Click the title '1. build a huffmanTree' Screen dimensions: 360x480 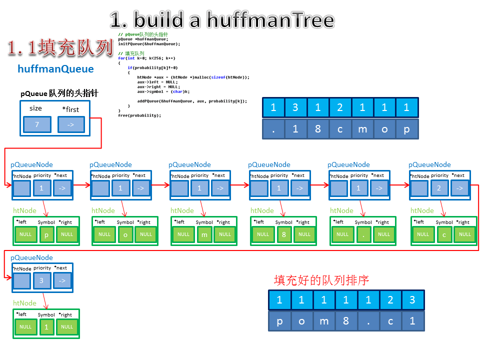click(x=221, y=20)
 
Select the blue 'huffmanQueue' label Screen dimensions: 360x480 click(x=55, y=69)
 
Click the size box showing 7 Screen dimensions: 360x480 click(x=37, y=124)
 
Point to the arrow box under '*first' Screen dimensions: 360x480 click(x=70, y=124)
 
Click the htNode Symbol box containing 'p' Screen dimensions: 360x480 click(x=46, y=234)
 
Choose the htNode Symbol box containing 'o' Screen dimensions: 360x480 click(x=125, y=234)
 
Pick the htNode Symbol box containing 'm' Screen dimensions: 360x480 click(x=204, y=234)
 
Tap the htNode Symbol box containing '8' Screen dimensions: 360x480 click(x=283, y=234)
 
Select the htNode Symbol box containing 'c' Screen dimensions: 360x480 click(x=444, y=234)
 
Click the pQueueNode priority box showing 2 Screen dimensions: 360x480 click(x=439, y=188)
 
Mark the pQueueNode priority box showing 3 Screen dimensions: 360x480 click(x=41, y=281)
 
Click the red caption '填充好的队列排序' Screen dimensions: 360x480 click(x=321, y=280)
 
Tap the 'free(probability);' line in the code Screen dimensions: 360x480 click(x=139, y=115)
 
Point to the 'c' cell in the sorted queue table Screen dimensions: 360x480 click(x=390, y=321)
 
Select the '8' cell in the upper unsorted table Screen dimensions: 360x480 click(x=318, y=129)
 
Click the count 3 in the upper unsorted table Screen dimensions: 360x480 click(x=295, y=107)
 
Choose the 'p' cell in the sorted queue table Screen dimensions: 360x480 click(x=280, y=321)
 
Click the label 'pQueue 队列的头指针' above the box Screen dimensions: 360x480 click(x=59, y=93)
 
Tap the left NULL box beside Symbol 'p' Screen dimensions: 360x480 click(x=25, y=234)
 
